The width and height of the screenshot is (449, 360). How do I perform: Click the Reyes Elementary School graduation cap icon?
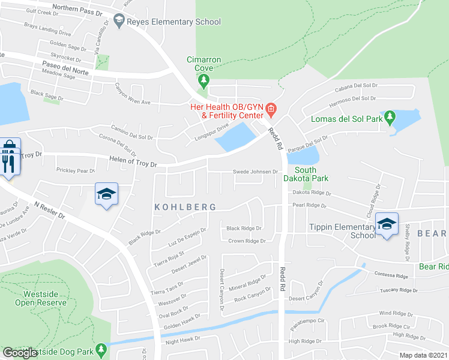point(119,22)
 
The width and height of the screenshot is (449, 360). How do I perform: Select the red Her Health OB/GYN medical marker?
point(271,109)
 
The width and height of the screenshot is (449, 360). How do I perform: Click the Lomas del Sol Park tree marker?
point(390,116)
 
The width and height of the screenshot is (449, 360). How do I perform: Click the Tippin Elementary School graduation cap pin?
point(387,224)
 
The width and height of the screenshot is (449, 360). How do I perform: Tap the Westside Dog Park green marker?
point(101,349)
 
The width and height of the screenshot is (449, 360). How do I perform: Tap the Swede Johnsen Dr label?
point(255,172)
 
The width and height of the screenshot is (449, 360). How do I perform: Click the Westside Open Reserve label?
point(45,298)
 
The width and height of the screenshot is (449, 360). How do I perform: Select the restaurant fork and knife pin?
point(8,163)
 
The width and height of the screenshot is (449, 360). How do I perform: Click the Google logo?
point(20,353)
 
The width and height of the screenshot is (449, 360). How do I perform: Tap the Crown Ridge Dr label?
point(247,241)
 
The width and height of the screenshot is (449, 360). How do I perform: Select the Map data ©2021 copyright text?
point(423,355)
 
